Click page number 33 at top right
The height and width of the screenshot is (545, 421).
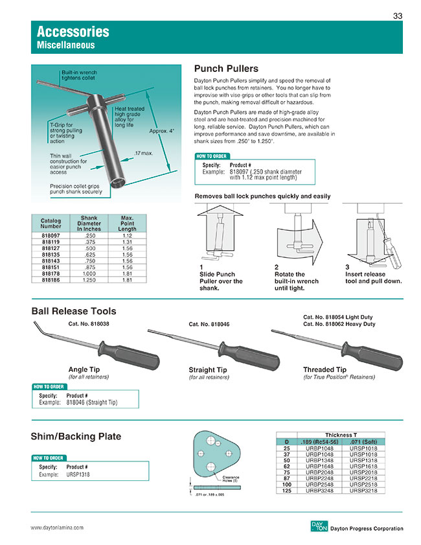coord(398,16)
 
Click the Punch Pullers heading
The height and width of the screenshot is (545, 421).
coord(226,69)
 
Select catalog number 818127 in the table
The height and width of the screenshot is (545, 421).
coord(51,248)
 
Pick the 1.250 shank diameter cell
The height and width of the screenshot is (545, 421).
coord(89,280)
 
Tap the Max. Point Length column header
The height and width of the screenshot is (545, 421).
coord(127,223)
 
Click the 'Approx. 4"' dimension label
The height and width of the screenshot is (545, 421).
coord(161,131)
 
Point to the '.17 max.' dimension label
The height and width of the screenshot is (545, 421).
coord(143,153)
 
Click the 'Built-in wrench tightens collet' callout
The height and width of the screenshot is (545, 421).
coord(79,75)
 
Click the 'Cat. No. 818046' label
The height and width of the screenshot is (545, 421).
coord(209,324)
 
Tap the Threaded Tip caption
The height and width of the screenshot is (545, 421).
coord(324,369)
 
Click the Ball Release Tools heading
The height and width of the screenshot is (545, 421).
coord(74,311)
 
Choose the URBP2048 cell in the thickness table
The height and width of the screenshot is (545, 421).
coord(319,472)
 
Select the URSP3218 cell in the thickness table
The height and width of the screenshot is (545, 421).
coord(363,491)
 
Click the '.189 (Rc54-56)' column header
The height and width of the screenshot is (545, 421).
coord(319,442)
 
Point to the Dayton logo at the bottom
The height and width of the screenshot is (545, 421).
coord(319,526)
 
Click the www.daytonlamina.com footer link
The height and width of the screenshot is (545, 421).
coord(57,528)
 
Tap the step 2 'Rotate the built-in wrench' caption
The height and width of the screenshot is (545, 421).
coord(296,281)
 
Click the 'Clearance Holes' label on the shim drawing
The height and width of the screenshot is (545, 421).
coord(231,479)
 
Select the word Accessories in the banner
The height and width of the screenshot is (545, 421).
coord(73,32)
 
